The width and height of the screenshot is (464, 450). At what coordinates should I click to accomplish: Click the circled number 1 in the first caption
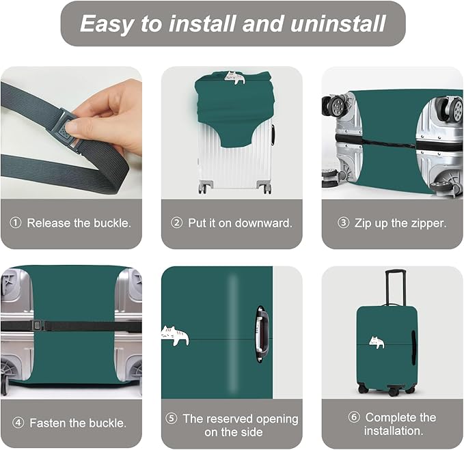[16, 223]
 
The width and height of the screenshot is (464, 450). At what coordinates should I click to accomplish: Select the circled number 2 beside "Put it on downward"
[177, 223]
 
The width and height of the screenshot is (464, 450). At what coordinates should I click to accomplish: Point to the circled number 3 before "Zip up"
[344, 223]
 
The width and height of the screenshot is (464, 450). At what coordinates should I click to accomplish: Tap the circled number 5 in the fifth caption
[172, 419]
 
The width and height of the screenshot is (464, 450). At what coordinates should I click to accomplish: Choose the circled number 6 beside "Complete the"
[354, 417]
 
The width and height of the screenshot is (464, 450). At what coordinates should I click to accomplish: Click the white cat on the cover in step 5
[175, 335]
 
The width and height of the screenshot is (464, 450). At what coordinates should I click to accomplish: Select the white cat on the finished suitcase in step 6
[376, 342]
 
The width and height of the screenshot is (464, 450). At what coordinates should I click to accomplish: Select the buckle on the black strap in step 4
[33, 326]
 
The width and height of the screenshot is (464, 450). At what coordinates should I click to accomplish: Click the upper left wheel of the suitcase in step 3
[335, 107]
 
